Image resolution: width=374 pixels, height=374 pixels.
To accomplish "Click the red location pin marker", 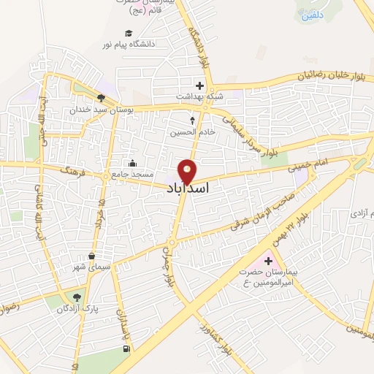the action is pyautogui.click(x=188, y=170).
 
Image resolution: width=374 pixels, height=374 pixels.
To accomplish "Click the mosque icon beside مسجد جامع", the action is pyautogui.click(x=131, y=163).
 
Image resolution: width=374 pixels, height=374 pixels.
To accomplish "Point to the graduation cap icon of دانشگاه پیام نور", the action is pyautogui.click(x=129, y=33).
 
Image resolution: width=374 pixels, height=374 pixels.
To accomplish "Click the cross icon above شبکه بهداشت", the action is pyautogui.click(x=199, y=85).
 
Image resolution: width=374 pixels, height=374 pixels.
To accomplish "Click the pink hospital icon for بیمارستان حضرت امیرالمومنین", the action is pyautogui.click(x=267, y=261).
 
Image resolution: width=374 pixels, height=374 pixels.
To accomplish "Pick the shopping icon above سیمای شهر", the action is pyautogui.click(x=91, y=256).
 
